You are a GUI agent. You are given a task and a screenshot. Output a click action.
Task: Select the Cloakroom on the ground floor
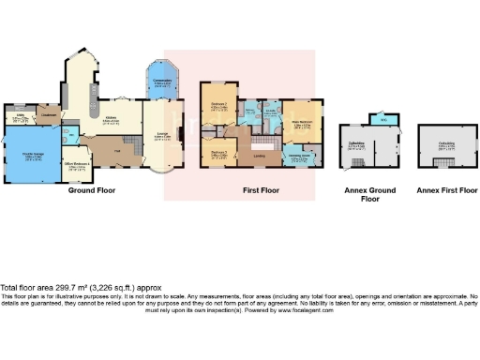tap(50, 116)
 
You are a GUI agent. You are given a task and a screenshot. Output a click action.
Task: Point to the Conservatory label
tap(161, 82)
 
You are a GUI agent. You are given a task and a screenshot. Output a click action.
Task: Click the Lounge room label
tap(160, 137)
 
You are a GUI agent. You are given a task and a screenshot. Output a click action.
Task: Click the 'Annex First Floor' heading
tap(442, 190)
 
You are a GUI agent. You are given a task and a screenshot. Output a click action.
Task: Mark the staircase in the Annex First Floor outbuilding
tap(433, 162)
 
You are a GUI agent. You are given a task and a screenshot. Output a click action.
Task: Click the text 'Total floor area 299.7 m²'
tap(56, 286)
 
